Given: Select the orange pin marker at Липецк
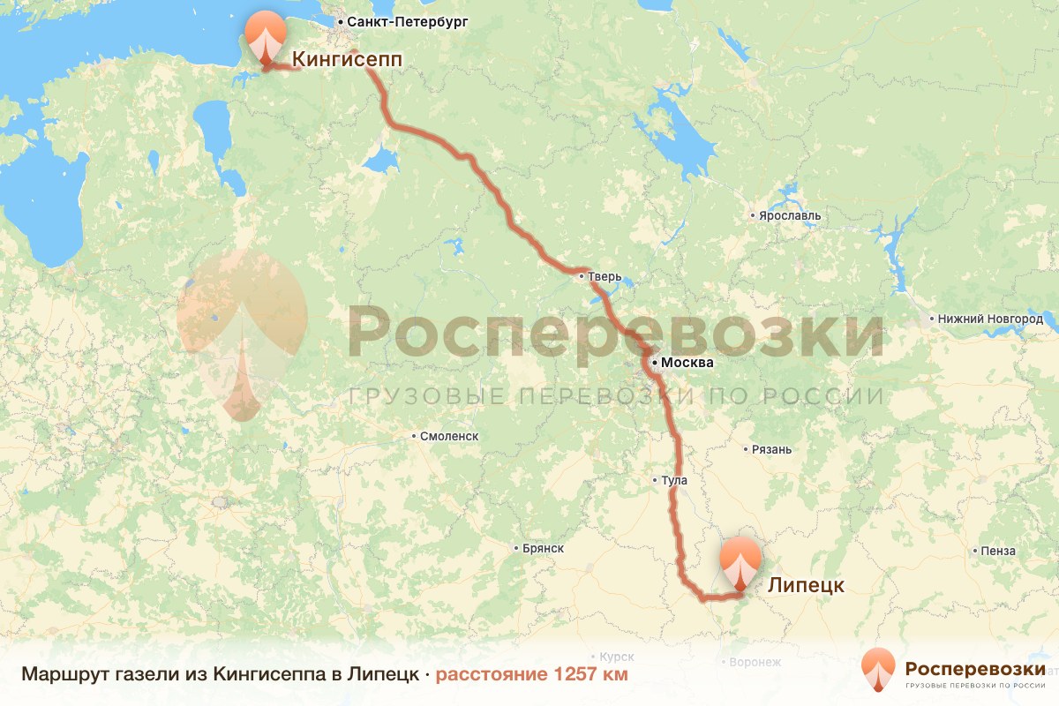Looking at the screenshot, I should click(x=740, y=560).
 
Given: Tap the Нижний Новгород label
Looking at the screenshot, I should click(x=992, y=319).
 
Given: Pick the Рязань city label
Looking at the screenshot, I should click(x=771, y=450).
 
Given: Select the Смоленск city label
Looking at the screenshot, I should click(x=449, y=436).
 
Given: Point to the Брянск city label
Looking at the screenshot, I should click(x=543, y=548).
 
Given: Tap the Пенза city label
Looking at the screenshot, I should click(x=997, y=552).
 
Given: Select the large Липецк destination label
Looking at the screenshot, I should click(x=806, y=585).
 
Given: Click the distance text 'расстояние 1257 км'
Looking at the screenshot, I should click(x=531, y=675).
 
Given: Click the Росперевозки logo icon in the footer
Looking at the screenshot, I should click(x=878, y=671).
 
